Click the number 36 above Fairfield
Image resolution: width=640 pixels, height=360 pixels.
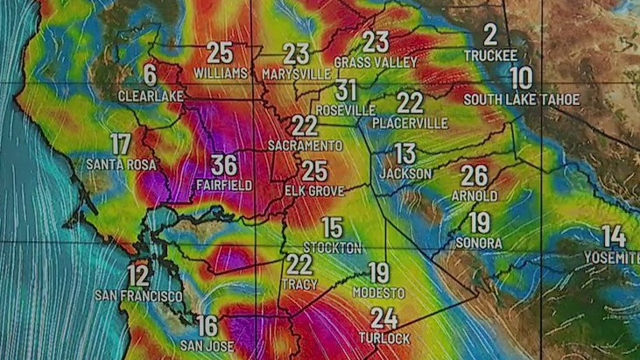point(225,166)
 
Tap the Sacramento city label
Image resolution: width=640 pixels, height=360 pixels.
point(305,145)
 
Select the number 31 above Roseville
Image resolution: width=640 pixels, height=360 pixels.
point(346,90)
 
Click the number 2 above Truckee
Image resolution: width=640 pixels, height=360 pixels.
point(489,35)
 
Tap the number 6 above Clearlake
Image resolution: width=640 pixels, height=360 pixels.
point(150,75)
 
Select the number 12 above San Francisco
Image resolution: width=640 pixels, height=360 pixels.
point(137,276)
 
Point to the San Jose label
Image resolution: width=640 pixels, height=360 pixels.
point(207,346)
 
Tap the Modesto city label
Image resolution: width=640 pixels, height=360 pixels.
point(378,293)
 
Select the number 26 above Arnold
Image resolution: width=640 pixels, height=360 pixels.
point(474,176)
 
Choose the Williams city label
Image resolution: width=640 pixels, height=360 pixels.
point(221,73)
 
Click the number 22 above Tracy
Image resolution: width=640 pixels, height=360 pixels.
point(299,265)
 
